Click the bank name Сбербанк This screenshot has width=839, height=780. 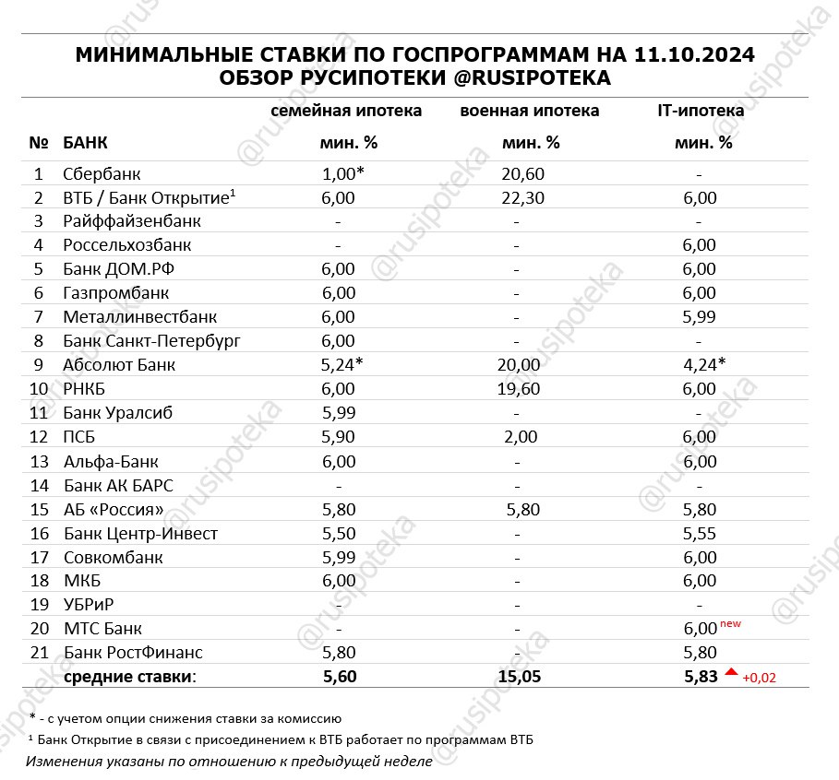coord(102,173)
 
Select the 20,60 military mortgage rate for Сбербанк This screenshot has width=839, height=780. coord(517,173)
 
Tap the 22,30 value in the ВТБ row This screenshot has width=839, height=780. coord(517,197)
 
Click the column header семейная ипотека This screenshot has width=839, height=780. coord(346,111)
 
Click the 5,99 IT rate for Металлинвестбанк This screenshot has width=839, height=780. coord(700,317)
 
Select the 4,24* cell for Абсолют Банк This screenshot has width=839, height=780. coord(703,365)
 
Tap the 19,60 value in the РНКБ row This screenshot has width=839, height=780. coord(517,389)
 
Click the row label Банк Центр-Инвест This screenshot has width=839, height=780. coord(141,533)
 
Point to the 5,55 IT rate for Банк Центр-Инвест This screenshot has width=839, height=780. coord(700,533)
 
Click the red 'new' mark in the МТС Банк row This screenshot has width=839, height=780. coord(729,624)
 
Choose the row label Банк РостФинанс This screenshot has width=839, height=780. coord(133,653)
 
